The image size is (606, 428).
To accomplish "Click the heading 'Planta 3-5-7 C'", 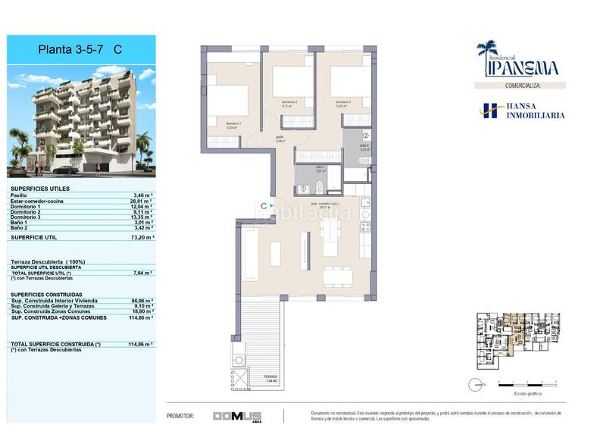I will [x=80, y=50].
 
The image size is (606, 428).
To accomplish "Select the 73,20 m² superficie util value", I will [x=142, y=237].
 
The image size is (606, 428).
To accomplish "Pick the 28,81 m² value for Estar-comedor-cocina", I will [x=142, y=200].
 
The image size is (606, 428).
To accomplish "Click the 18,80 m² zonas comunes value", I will [x=142, y=311].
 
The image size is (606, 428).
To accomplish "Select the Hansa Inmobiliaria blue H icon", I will [x=489, y=111].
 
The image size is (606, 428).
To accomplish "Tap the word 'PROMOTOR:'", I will [x=180, y=416].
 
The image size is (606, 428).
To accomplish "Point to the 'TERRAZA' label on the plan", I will [x=270, y=377].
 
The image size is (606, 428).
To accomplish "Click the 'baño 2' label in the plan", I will [x=364, y=147].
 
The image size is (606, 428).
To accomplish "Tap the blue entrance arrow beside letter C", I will [x=272, y=205].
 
